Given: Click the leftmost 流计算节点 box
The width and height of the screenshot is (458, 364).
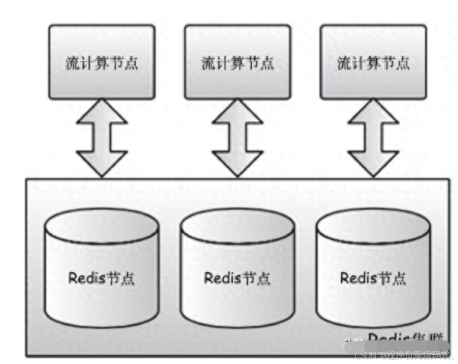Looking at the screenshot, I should (x=102, y=62).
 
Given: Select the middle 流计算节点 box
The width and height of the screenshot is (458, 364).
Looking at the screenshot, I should (x=237, y=62).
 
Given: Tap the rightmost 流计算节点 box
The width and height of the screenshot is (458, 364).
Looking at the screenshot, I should (x=373, y=62).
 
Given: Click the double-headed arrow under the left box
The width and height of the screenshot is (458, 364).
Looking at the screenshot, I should (x=102, y=139).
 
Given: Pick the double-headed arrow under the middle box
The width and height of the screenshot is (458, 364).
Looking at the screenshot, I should (x=237, y=139).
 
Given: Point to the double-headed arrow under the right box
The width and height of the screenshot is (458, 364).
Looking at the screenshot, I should (x=373, y=139).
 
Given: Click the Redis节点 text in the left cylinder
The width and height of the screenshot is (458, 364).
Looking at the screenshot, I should (x=102, y=278).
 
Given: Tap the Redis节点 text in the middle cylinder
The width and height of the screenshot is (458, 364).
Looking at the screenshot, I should (x=237, y=278).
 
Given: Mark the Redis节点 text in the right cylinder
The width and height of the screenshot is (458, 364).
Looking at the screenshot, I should (x=373, y=278).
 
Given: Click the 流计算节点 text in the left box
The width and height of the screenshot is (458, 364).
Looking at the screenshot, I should (x=102, y=63).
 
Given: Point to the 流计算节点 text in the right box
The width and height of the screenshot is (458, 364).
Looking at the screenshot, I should (x=373, y=63).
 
